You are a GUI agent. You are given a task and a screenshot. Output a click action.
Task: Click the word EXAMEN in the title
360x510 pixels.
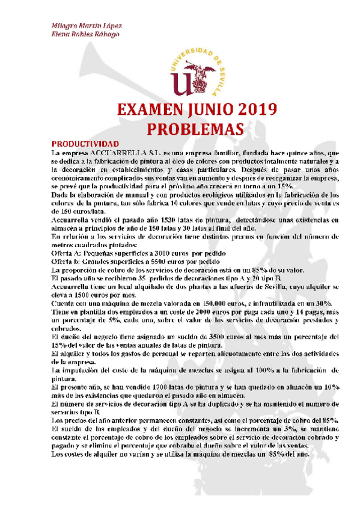click(154, 110)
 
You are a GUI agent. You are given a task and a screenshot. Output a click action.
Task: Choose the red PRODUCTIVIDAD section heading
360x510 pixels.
click(84, 144)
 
